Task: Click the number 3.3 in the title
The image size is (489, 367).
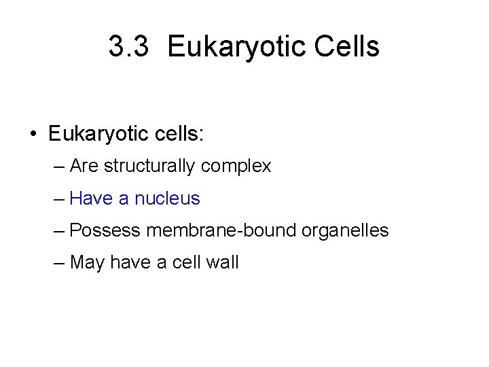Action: click(x=128, y=47)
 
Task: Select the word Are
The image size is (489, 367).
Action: click(x=84, y=166)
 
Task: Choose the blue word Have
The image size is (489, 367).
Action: click(x=92, y=198)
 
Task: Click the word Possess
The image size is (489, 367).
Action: click(x=105, y=230)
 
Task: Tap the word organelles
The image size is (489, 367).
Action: click(x=346, y=230)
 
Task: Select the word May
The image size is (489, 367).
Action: click(x=86, y=262)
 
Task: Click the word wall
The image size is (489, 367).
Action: click(x=222, y=262)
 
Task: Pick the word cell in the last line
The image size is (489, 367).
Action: click(x=187, y=262)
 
